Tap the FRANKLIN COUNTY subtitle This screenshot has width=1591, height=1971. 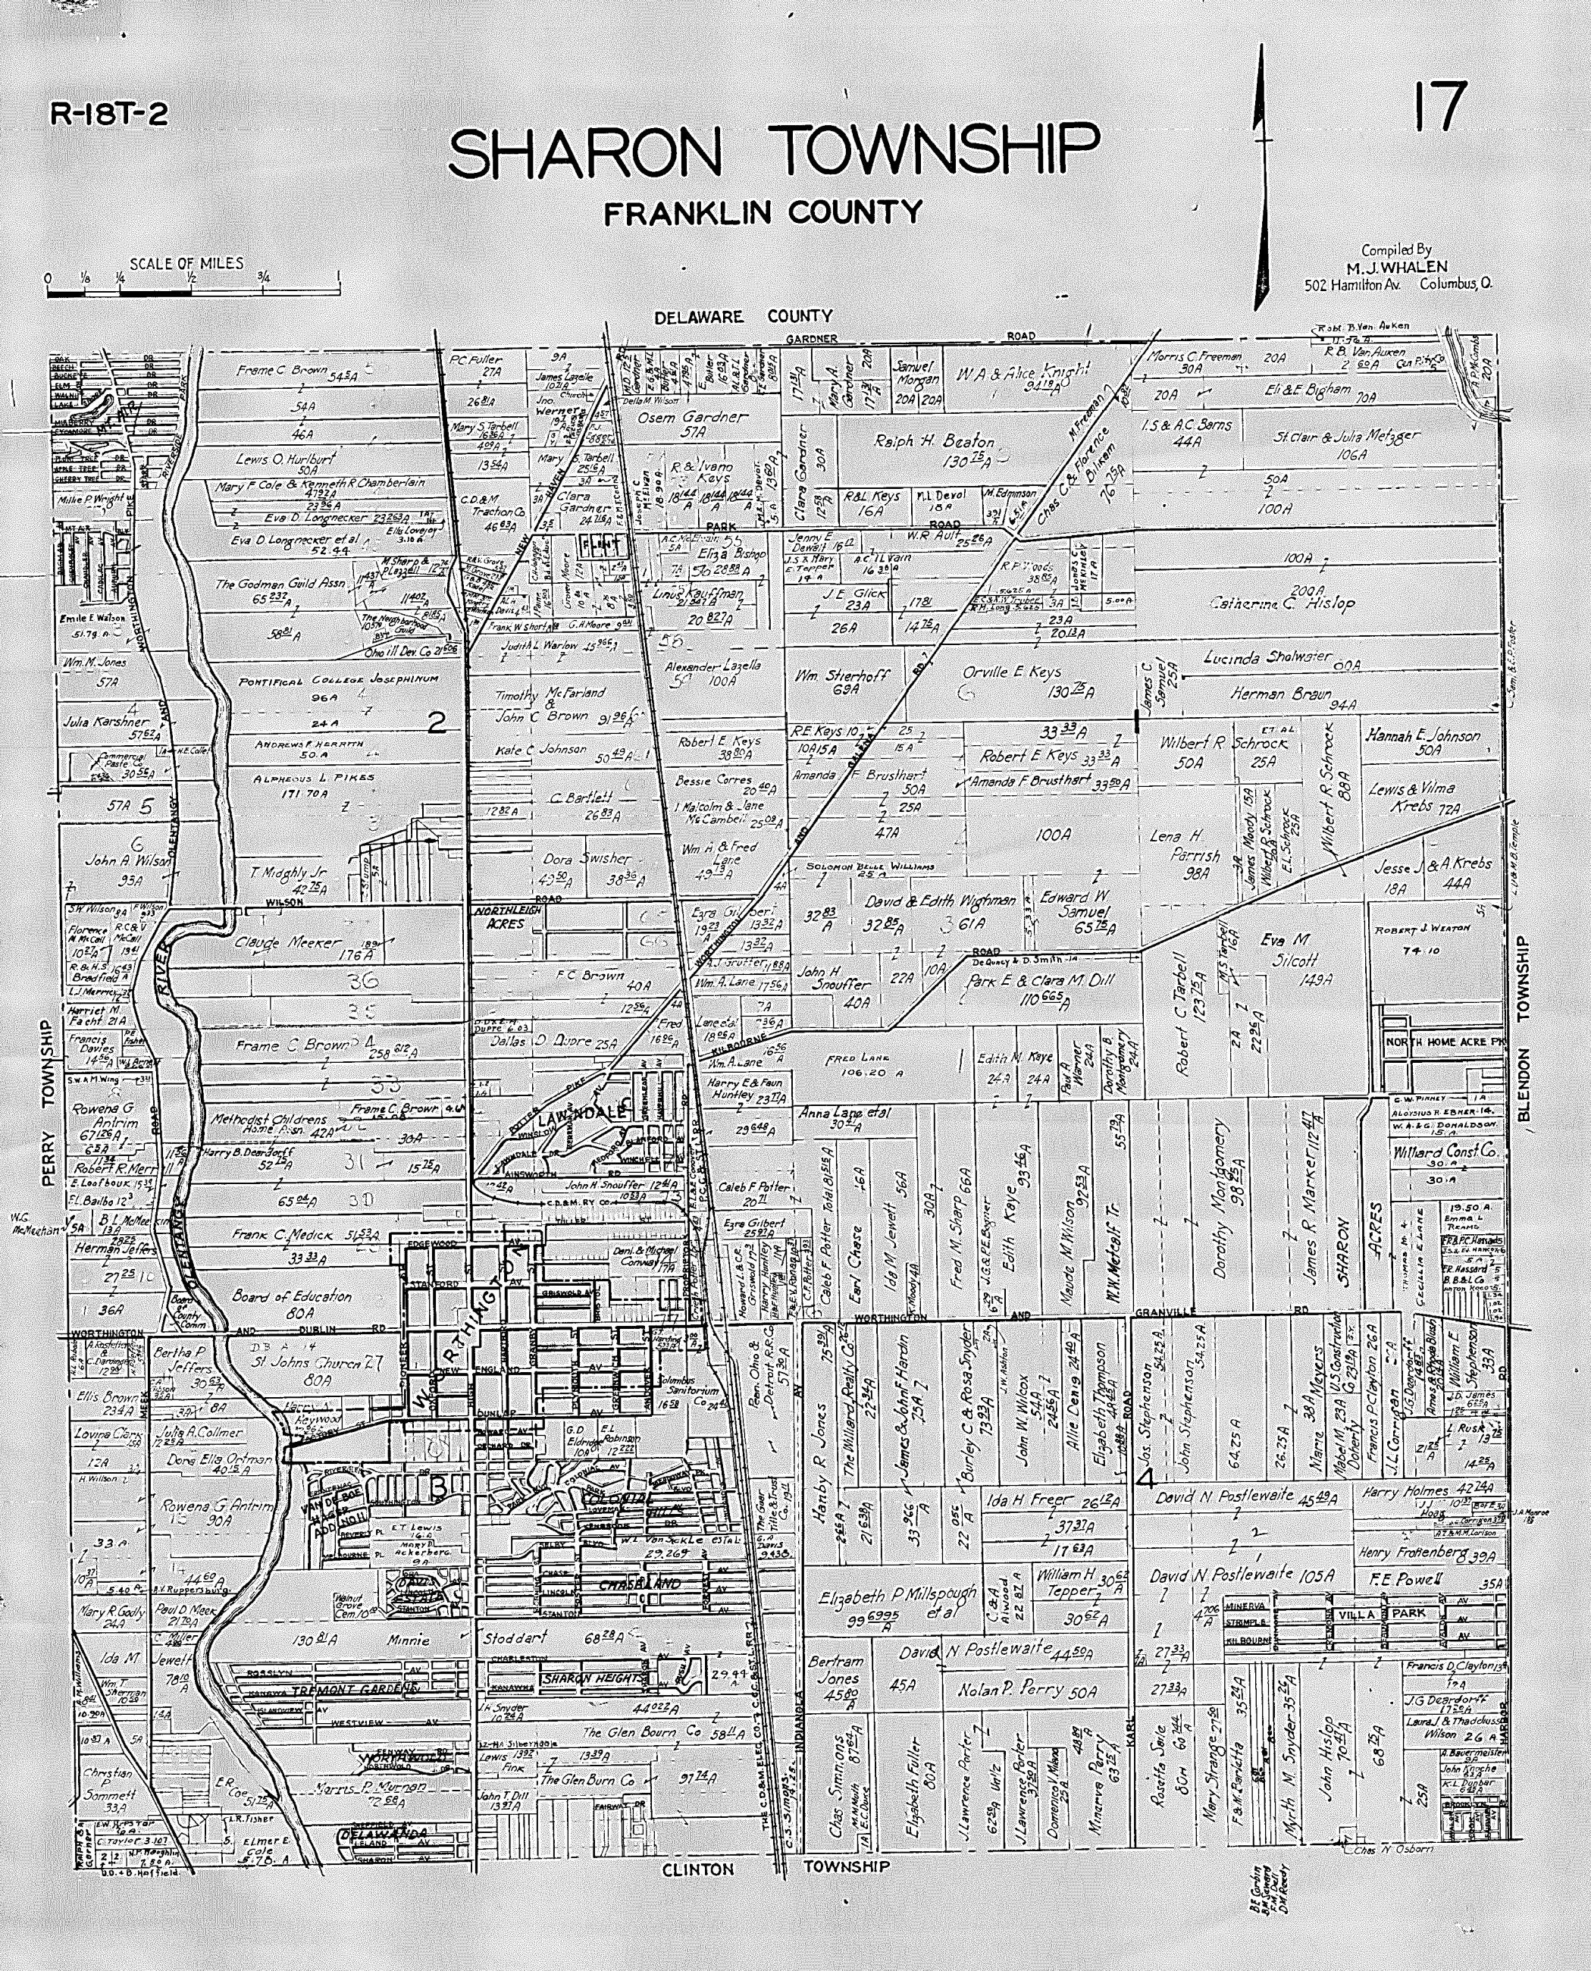(763, 213)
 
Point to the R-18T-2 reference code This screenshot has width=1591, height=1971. (109, 114)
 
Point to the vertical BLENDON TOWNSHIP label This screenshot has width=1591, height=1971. (1524, 1029)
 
